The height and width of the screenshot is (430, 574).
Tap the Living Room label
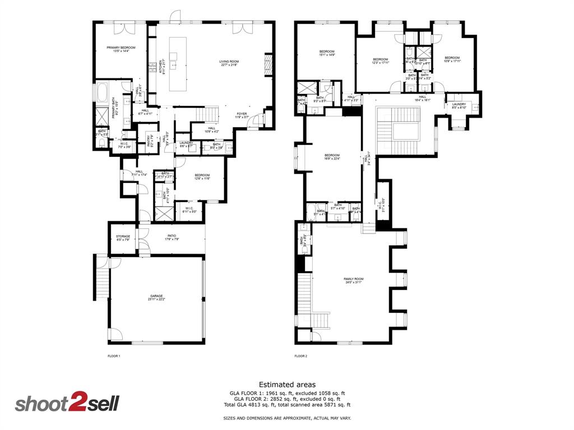point(229,63)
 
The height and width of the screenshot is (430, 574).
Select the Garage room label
point(156,297)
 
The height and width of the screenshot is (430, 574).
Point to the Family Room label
point(354,281)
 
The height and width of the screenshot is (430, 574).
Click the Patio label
point(172,237)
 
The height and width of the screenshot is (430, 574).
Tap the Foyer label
point(241,115)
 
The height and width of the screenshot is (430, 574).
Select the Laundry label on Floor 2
point(459,106)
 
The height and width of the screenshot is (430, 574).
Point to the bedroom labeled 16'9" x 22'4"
point(332,157)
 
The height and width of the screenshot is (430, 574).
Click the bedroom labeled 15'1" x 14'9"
point(327,53)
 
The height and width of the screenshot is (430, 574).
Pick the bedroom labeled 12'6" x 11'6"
point(202,177)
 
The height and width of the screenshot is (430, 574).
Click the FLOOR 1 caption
point(114,356)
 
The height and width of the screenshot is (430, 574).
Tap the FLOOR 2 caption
point(301,356)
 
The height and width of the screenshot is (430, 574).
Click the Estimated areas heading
point(287,385)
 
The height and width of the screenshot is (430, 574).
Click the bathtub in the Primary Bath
point(103,93)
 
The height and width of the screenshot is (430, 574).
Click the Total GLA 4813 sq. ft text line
point(287,404)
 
